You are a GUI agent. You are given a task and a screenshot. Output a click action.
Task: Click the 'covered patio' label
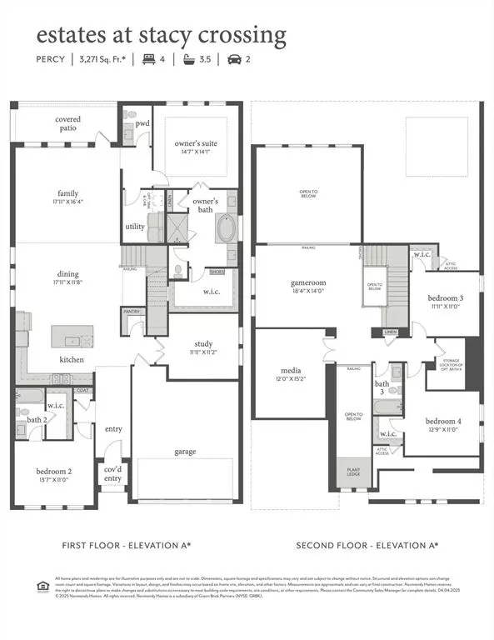68,124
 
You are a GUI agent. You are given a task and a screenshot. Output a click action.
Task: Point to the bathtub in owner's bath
225,228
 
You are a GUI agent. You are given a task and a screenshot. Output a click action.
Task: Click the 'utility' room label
135,226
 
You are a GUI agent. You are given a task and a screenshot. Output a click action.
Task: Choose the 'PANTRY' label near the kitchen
132,311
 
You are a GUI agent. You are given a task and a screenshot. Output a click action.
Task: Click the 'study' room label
204,343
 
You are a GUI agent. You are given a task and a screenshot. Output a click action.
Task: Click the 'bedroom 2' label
52,472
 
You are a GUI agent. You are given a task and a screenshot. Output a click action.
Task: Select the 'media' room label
290,370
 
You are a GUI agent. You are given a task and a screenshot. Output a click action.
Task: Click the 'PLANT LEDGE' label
352,472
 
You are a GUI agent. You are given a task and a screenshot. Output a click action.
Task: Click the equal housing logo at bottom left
42,583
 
